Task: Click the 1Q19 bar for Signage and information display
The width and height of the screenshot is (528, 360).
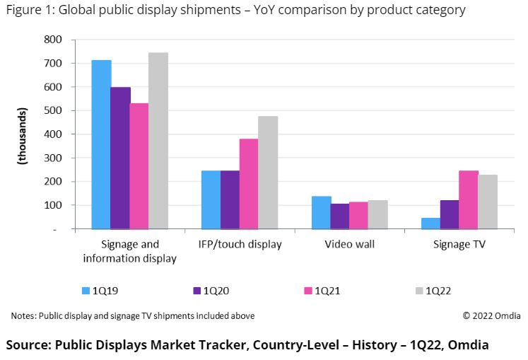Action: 101,144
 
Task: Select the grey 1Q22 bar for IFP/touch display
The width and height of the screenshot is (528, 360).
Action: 268,173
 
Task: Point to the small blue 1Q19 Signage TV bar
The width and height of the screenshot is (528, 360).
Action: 430,223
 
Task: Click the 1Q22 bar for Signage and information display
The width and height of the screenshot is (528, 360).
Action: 158,141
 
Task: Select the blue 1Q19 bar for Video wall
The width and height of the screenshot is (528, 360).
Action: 322,213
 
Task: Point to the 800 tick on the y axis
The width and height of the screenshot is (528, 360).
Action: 54,40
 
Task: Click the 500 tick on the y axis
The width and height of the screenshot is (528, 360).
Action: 54,110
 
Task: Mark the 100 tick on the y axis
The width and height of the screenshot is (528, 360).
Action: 54,205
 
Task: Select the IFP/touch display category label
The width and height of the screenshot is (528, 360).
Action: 240,244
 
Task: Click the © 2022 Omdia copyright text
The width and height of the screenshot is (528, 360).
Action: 491,315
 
